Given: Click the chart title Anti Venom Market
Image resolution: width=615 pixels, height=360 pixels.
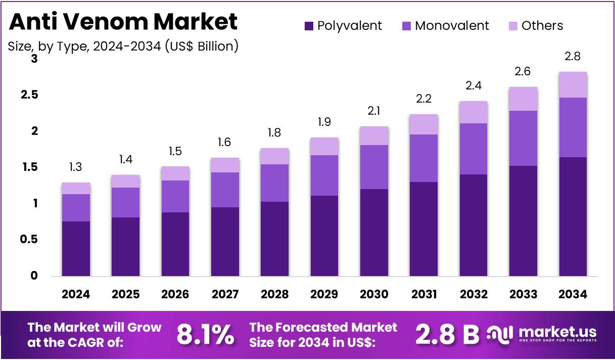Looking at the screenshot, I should point(123,22).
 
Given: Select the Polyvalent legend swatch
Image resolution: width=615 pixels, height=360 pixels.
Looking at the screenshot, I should point(308,26).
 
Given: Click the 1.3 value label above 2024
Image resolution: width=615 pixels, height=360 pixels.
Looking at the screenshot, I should point(76,167).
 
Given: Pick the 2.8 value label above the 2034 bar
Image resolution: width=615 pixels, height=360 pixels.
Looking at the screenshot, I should point(573,57).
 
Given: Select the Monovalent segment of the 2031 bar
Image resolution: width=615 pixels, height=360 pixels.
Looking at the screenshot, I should point(423,158).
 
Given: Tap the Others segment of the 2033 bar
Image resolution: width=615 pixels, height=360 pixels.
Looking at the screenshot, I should point(523,99).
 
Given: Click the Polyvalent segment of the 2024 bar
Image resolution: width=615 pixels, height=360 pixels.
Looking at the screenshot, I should point(76,249).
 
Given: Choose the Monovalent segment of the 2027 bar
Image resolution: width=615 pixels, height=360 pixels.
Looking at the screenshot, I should point(225,190).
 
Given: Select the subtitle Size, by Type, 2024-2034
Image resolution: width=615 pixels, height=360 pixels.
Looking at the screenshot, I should point(123,47).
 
